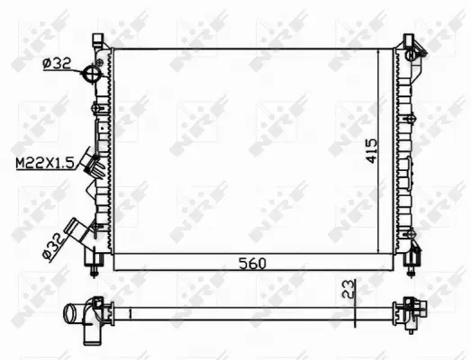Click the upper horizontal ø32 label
click(57, 62)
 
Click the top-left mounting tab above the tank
click(95, 39)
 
